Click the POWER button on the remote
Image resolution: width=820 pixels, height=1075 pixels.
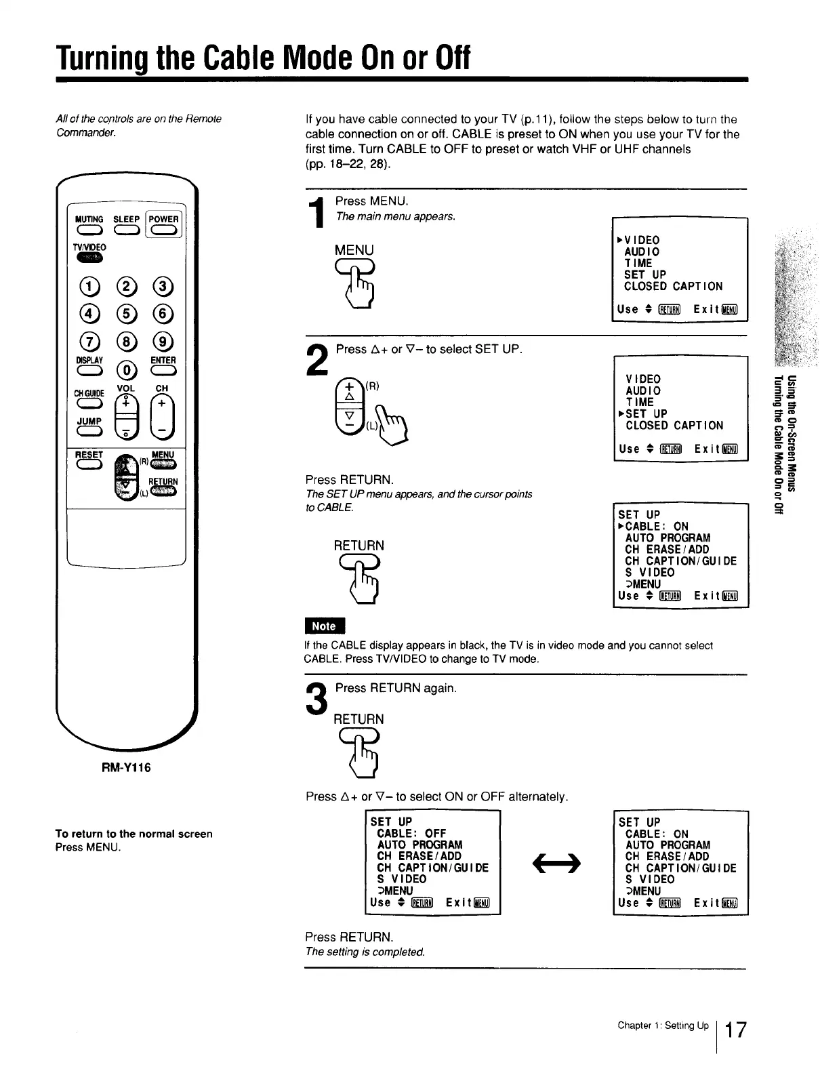coord(164,230)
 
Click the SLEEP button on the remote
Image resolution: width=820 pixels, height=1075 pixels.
coord(126,230)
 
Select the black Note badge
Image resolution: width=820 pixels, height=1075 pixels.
coord(325,626)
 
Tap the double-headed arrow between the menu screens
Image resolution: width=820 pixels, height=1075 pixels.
coord(556,861)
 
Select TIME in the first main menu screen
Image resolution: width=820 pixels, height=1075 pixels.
coord(638,263)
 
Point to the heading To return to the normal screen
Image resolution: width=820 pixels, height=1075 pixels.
coord(134,834)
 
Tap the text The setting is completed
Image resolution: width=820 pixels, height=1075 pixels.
coord(365,952)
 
